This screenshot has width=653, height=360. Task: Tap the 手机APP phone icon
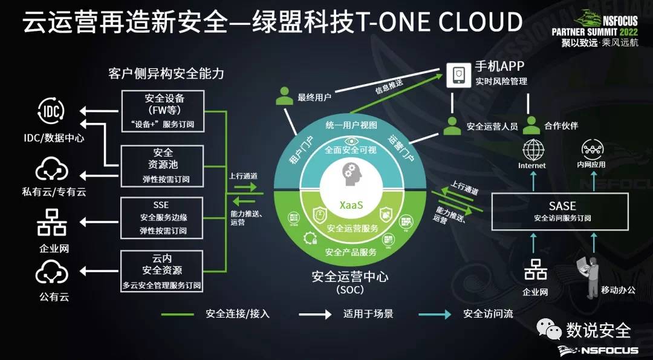458,76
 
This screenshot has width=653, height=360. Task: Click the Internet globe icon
533,149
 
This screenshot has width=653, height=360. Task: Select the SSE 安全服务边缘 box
163,217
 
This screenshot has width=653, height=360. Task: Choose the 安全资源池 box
163,165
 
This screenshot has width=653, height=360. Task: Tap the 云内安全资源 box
163,271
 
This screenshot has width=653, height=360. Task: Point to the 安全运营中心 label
350,277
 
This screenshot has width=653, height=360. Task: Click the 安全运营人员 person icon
452,125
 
